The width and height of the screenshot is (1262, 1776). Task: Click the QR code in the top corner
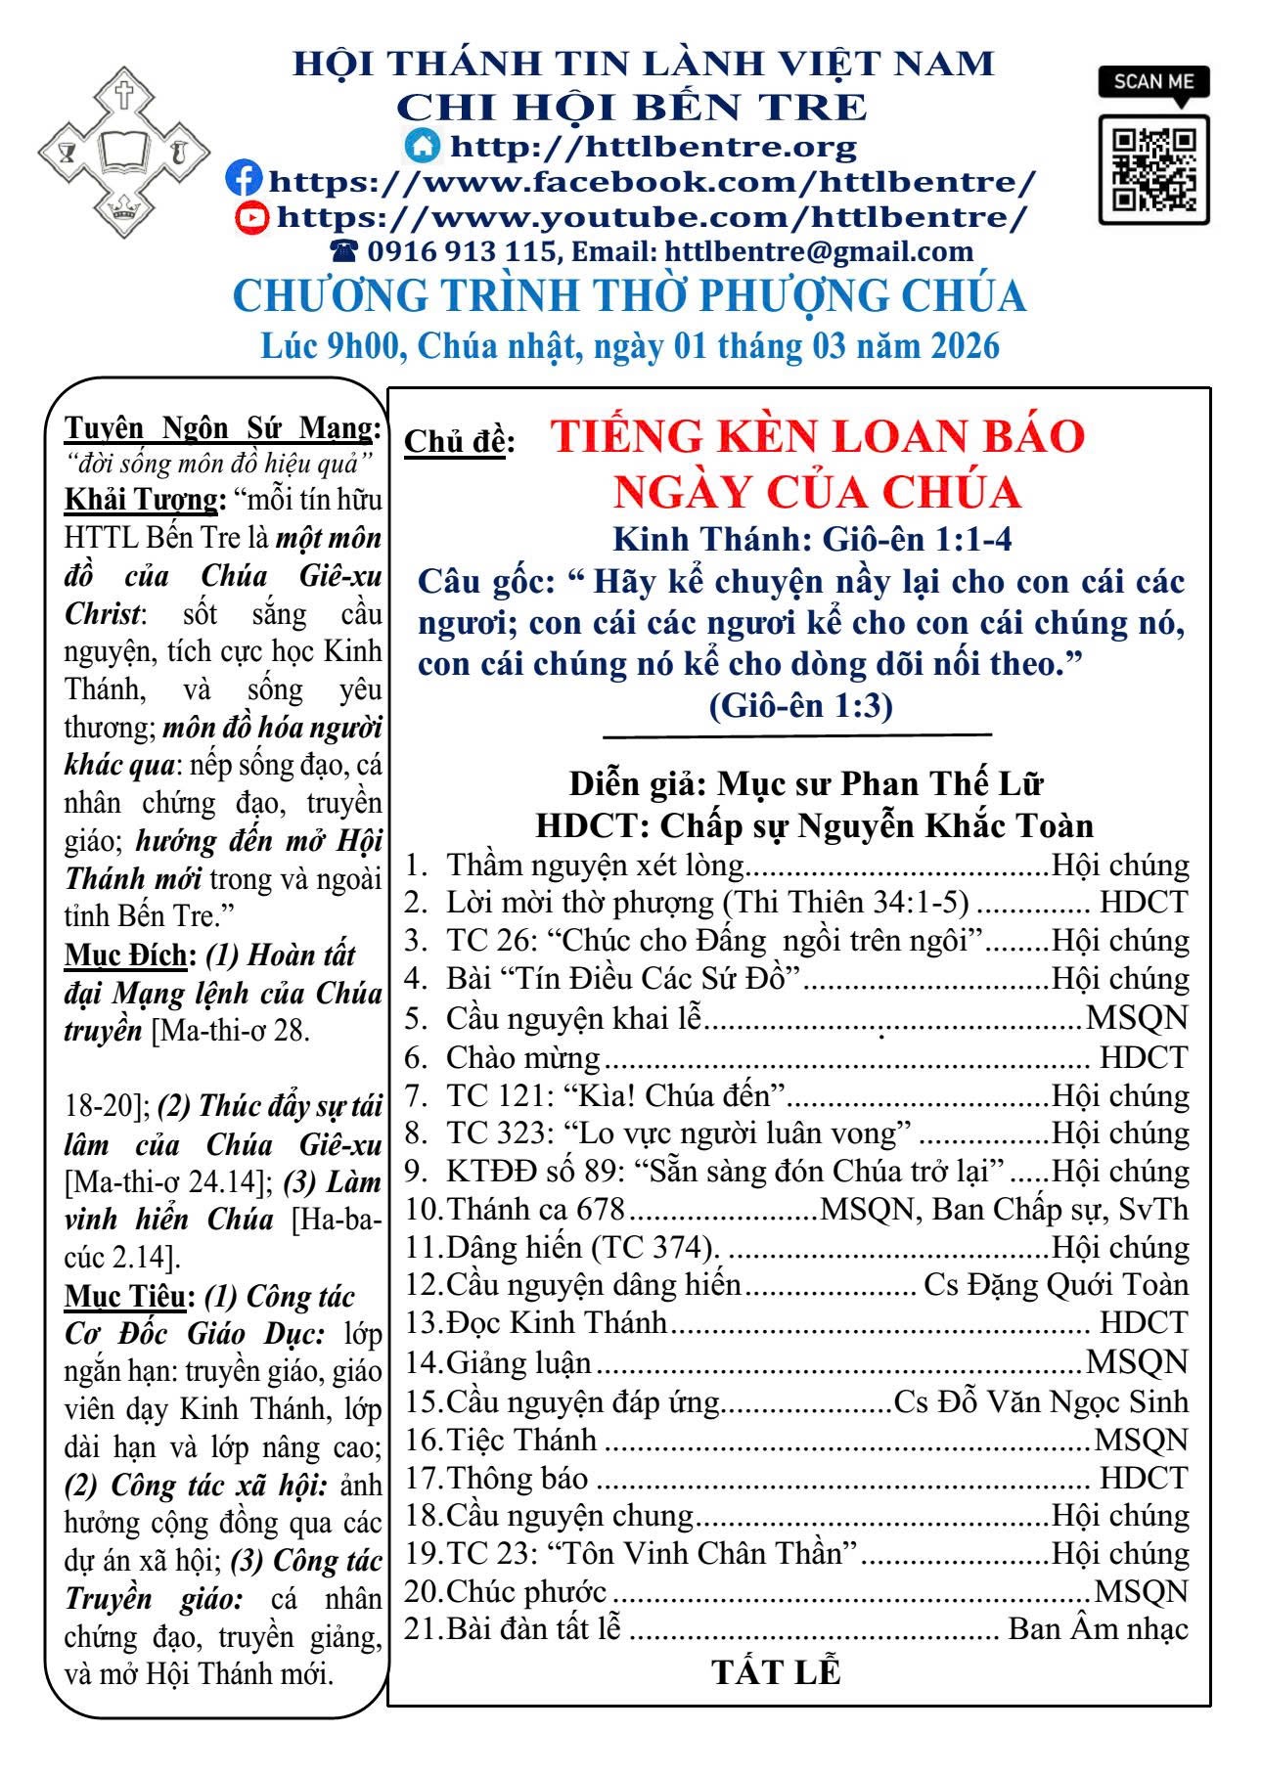(1153, 169)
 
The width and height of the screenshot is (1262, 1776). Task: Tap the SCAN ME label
(1153, 81)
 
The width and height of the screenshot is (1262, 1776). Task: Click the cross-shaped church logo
(123, 152)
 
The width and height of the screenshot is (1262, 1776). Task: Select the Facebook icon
(244, 179)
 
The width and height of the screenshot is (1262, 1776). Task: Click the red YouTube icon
(252, 215)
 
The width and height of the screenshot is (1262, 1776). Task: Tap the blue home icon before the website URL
(423, 145)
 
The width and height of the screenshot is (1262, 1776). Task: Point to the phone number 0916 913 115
(461, 252)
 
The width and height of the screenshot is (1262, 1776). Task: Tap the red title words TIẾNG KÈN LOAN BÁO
(817, 436)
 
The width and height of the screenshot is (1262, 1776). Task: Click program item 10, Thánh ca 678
(535, 1209)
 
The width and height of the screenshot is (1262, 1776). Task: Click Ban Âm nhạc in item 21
(1098, 1629)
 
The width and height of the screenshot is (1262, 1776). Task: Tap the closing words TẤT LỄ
(776, 1671)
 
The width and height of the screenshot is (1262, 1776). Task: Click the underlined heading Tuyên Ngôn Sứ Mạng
(222, 428)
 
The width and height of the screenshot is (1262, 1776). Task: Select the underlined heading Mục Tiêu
(125, 1297)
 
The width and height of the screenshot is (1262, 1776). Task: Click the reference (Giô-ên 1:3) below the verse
(799, 705)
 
